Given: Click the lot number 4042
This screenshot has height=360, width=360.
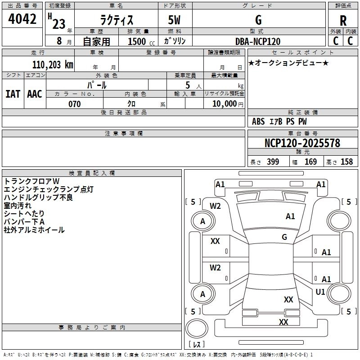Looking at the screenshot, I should click(23, 20).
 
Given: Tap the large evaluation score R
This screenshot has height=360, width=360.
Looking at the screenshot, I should click(343, 21).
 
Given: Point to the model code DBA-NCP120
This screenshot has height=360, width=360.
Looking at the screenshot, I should click(258, 41).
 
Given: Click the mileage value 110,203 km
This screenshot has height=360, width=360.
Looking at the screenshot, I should click(53, 64).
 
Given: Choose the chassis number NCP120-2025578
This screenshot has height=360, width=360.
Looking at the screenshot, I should click(302, 143).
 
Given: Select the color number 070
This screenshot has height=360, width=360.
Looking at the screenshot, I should click(74, 104).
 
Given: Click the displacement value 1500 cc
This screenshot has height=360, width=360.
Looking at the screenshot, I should click(138, 42).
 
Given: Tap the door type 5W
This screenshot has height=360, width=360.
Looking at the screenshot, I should click(175, 20).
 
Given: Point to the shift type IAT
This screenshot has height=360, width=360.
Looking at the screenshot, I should click(13, 94).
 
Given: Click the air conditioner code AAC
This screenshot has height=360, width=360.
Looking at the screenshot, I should click(35, 94).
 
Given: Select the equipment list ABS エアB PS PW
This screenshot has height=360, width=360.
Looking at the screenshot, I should click(279, 121).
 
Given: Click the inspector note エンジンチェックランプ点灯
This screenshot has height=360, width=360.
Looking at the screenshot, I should click(49, 189).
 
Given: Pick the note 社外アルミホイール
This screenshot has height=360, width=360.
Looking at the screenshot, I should click(34, 230).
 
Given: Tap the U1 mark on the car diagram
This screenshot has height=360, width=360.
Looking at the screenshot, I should click(320, 292).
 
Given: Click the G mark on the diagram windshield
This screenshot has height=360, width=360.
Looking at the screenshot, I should click(284, 237).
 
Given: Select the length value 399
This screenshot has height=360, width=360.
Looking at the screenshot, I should click(273, 162).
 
